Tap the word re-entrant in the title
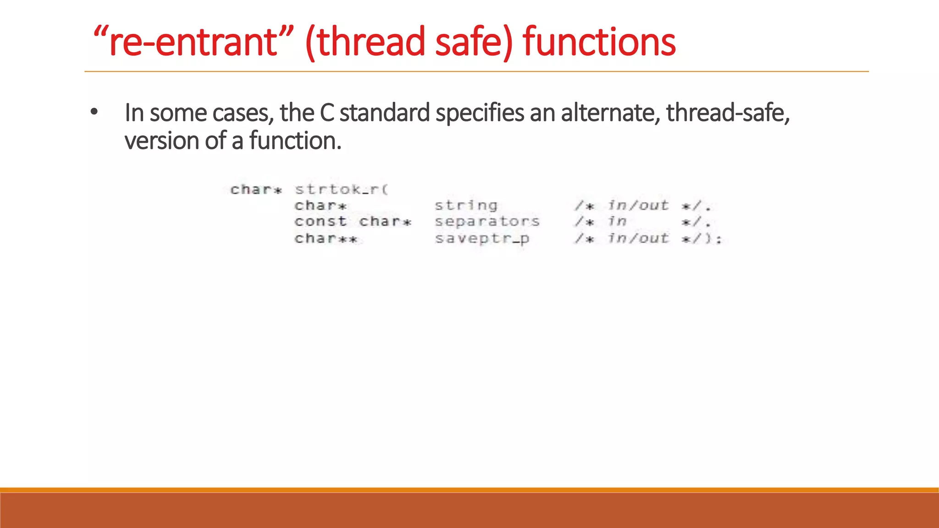193,42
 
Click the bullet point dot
94,112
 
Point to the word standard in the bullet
384,113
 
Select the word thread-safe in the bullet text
727,113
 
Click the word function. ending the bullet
295,141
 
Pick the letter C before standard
327,113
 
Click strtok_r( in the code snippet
342,189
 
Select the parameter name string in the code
466,205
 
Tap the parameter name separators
487,222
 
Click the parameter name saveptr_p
482,238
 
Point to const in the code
320,221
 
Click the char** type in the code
326,238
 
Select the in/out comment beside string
638,205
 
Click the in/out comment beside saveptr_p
638,238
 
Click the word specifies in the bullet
480,113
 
